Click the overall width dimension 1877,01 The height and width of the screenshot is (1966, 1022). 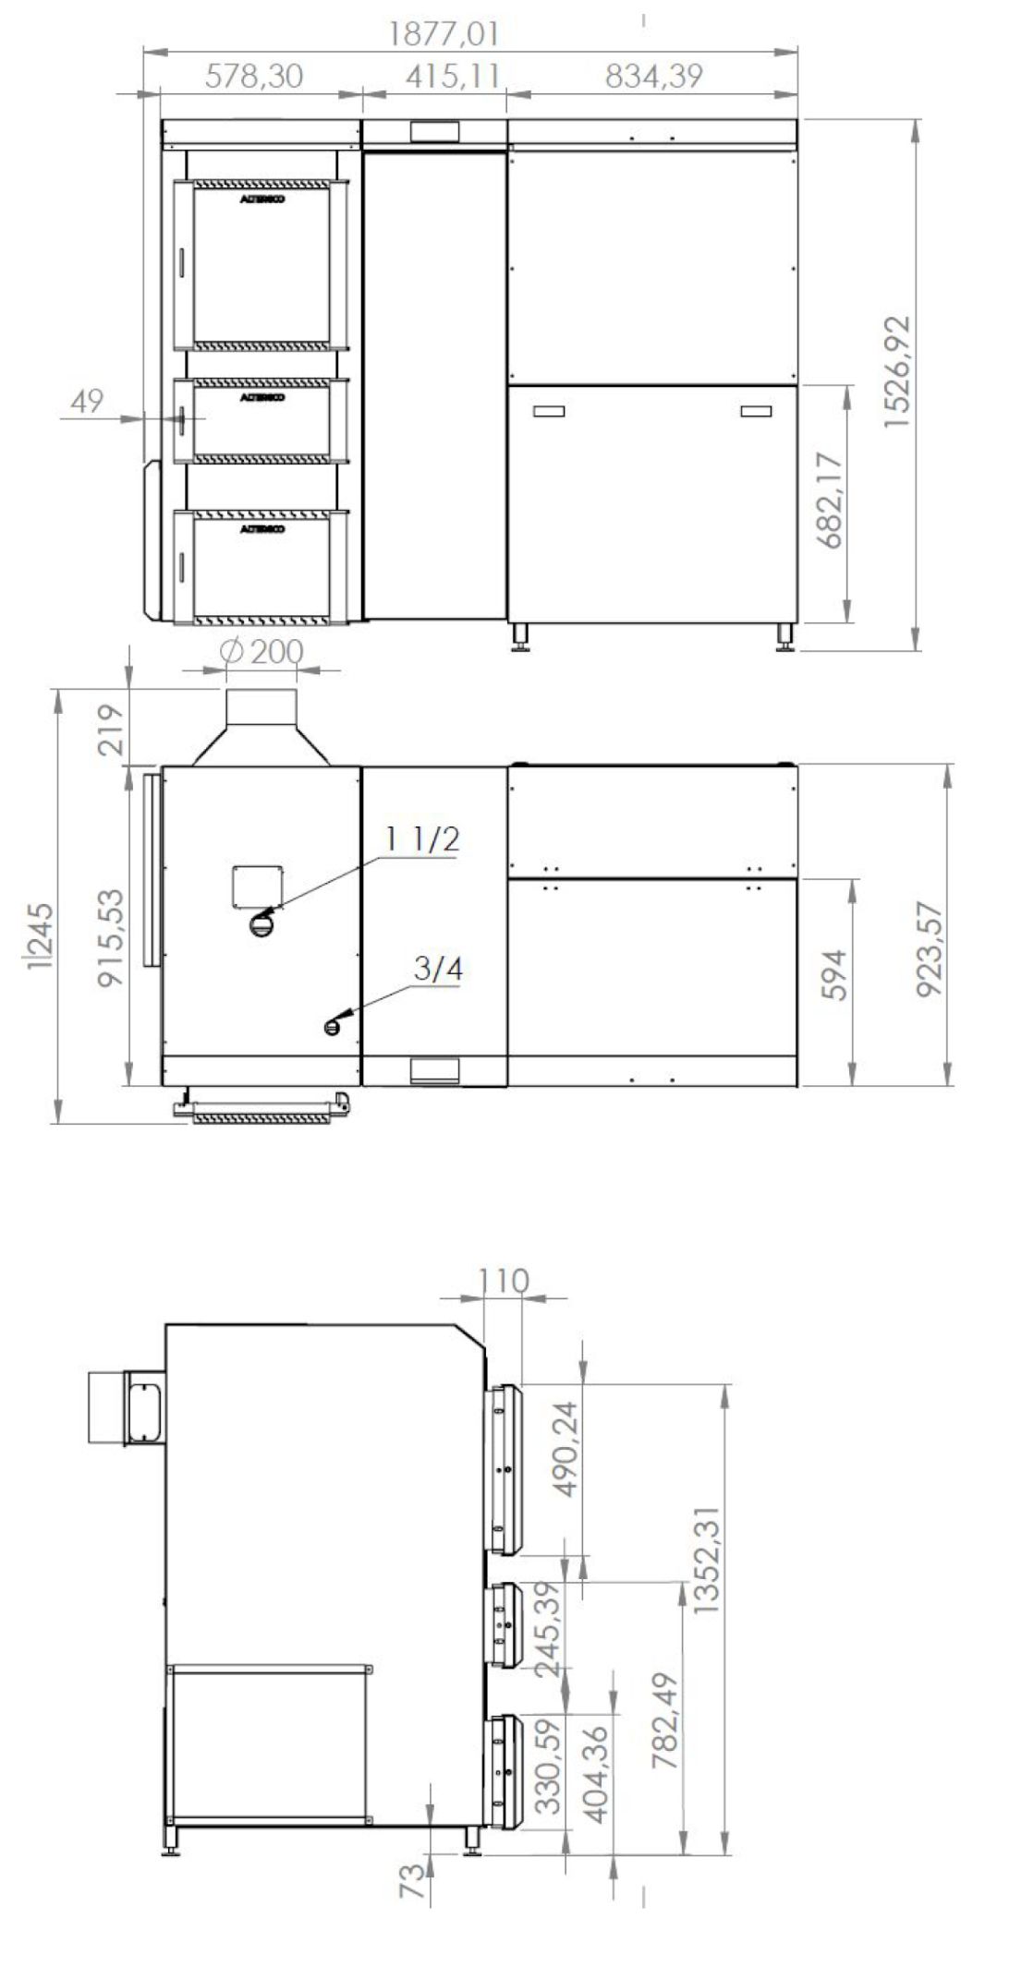444,34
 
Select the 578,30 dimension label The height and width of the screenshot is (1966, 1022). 253,77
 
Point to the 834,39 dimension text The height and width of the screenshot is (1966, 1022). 654,77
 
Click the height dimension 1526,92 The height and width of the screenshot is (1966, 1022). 896,371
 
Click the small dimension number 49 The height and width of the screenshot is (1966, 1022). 87,403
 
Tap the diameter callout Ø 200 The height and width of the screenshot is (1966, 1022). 262,652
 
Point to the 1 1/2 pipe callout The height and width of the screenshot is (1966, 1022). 422,839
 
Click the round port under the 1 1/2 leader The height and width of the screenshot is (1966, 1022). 262,923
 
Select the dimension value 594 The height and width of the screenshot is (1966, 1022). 834,973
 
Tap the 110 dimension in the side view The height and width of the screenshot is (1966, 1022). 504,1281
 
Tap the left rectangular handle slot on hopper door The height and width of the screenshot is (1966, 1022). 548,412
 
